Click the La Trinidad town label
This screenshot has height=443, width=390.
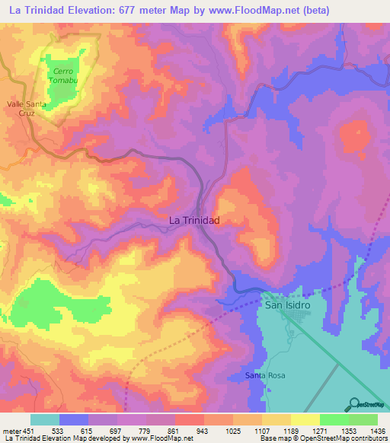tap(193, 220)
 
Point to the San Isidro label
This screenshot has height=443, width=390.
tap(289, 304)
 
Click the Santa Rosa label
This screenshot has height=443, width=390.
tap(264, 375)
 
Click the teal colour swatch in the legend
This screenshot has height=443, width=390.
tap(45, 419)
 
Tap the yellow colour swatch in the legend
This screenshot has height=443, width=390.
tap(305, 419)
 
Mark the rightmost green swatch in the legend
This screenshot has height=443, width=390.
tap(363, 419)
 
